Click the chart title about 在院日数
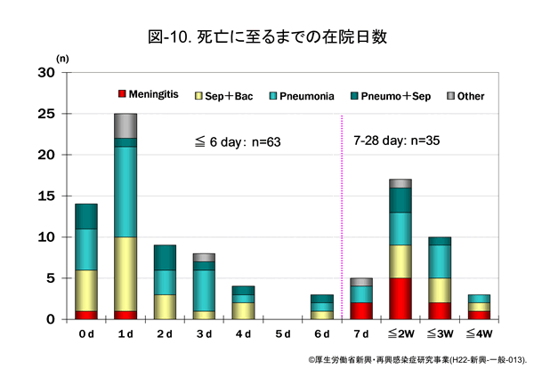tap(267, 37)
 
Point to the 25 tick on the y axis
tap(46, 114)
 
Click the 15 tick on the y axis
tap(46, 196)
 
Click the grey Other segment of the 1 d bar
tap(125, 125)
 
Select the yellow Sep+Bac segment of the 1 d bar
tap(125, 270)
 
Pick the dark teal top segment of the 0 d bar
tap(86, 216)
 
